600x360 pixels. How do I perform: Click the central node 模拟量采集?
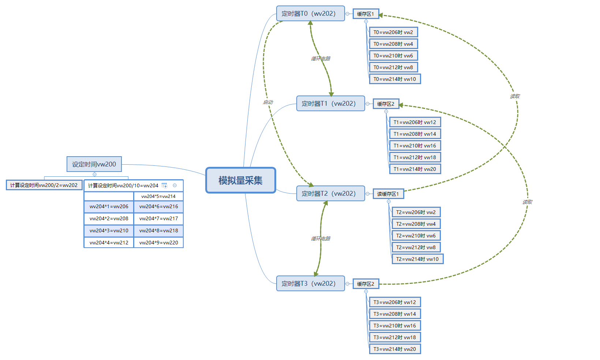pos(240,180)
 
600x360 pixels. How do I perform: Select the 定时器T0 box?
pos(310,14)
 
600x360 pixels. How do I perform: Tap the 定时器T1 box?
pos(330,104)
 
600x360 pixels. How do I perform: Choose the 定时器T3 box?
pos(310,284)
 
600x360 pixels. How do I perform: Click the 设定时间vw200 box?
pos(94,164)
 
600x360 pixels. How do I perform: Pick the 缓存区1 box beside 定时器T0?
pos(365,14)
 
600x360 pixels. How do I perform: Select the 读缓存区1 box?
pos(388,194)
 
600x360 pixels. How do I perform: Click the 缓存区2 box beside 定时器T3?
pos(365,284)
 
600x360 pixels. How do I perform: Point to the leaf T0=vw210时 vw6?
pos(393,56)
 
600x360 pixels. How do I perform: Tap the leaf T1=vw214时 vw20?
pos(415,169)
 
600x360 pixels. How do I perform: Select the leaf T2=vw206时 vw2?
pos(416,212)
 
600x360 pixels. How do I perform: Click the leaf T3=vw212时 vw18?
pos(395,337)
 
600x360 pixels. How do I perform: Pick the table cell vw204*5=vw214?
pos(158,196)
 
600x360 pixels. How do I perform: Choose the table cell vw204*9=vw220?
pos(158,243)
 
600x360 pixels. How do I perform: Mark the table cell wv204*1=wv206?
pos(109,206)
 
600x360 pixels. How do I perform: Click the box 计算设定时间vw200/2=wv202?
pos(44,185)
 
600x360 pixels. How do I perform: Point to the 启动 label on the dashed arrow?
pos(268,102)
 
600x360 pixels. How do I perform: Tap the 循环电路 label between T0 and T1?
pos(321,59)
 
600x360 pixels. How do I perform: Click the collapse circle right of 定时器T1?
pos(367,104)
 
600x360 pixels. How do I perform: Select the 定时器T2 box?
pos(330,194)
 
